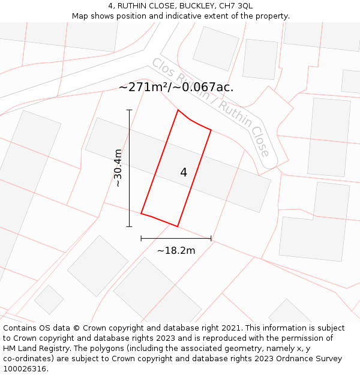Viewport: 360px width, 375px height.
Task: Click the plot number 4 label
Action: tap(184, 173)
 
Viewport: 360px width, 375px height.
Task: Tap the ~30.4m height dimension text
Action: tap(118, 168)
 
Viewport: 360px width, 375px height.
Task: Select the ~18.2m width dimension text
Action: tap(176, 250)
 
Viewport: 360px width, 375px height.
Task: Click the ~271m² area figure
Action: tap(145, 87)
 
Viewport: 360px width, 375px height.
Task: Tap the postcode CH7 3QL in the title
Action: tap(236, 6)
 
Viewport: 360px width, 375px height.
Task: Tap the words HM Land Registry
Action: tap(35, 349)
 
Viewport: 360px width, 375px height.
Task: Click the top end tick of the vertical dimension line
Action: tap(129, 110)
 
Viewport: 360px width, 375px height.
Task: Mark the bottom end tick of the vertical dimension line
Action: tap(129, 226)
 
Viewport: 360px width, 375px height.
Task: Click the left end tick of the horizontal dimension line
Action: tap(141, 238)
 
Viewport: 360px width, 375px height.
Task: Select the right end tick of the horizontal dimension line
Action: tap(211, 238)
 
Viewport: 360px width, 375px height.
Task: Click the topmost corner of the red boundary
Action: tap(178, 110)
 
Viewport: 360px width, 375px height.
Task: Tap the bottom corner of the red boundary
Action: tap(178, 226)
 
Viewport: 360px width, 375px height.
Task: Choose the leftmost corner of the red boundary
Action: tap(141, 213)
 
